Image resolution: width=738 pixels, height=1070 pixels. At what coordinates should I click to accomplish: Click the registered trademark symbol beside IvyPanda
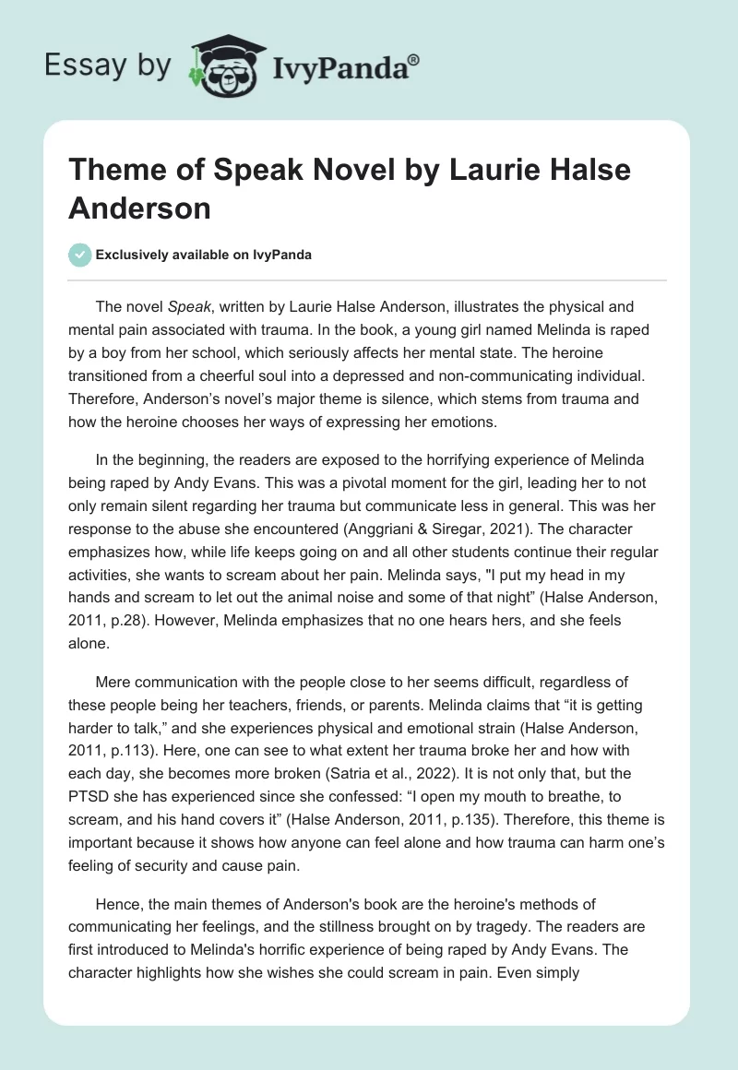(x=413, y=59)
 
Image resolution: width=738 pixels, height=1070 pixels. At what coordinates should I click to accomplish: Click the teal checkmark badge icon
(x=81, y=255)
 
